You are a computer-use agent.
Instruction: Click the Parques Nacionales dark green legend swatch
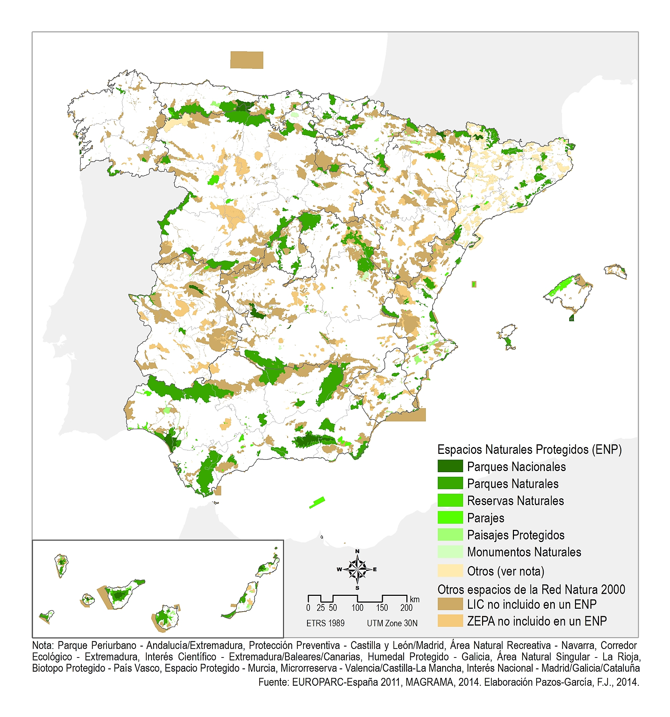point(450,466)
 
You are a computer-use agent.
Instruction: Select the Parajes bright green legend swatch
point(450,518)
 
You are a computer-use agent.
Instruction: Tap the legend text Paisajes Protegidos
point(515,535)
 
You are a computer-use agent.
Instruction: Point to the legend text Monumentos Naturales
point(524,552)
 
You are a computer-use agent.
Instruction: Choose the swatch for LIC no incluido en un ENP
point(450,604)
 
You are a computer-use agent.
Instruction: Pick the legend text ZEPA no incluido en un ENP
point(537,621)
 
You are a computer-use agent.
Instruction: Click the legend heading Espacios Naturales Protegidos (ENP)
point(529,450)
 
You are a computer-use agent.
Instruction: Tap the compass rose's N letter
point(357,551)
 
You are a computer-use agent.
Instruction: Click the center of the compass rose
point(357,570)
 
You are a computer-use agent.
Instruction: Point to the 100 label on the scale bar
point(357,608)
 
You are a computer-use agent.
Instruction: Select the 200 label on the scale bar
point(406,608)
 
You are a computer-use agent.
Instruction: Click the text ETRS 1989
point(325,623)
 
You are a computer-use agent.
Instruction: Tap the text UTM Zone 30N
point(392,623)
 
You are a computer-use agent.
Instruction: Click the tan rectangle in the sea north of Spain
point(247,60)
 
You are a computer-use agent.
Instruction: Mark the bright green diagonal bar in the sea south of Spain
point(317,502)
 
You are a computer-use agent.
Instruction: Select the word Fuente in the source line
point(273,682)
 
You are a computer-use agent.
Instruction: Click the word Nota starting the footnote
point(43,645)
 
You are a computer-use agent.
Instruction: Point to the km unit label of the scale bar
point(415,599)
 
